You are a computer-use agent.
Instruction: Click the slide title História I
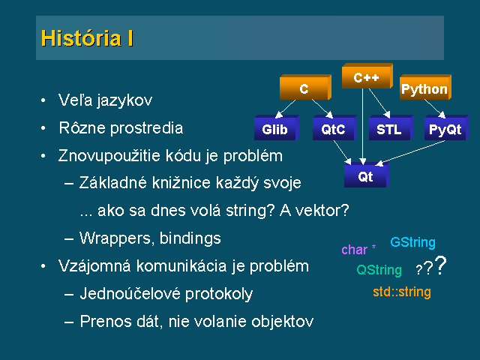87,38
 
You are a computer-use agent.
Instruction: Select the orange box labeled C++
367,76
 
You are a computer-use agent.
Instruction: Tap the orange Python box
425,87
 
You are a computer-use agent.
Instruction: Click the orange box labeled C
305,87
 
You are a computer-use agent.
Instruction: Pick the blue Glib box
277,127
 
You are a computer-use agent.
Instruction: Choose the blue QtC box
334,127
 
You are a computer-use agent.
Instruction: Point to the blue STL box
391,127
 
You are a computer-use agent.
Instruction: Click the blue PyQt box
446,127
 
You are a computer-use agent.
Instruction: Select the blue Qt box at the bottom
367,175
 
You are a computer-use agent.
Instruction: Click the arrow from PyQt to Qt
410,153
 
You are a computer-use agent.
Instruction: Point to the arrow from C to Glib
285,109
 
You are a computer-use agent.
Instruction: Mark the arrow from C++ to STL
379,103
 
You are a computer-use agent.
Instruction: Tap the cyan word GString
412,242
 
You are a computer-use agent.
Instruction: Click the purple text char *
358,249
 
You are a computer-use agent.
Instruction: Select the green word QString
379,270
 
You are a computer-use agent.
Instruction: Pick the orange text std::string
402,292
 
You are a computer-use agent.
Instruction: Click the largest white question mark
440,265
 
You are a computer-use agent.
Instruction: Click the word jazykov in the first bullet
124,100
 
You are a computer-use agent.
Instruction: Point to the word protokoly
219,294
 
